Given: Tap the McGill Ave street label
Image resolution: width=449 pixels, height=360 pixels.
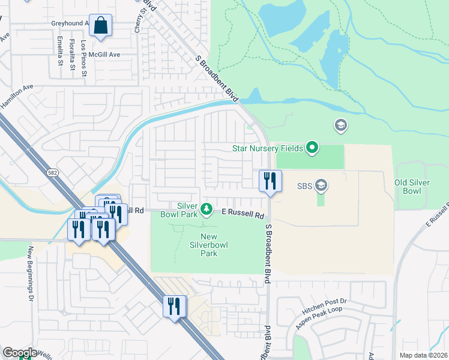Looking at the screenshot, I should click(104, 54).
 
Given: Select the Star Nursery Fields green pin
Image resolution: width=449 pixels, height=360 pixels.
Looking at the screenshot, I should click(312, 147).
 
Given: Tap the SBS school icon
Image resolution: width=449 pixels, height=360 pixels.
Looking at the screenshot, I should click(321, 185).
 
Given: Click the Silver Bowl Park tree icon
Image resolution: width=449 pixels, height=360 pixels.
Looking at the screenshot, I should click(206, 209).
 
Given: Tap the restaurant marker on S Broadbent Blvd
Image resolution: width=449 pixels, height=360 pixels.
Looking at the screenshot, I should click(270, 181).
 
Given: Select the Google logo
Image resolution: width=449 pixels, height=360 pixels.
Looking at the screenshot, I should click(20, 353).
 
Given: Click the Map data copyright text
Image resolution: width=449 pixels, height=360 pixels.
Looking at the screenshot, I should click(424, 355).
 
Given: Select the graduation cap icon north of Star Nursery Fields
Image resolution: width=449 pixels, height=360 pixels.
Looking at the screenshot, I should click(340, 125).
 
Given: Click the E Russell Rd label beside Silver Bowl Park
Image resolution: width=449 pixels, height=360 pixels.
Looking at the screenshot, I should click(243, 214).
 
